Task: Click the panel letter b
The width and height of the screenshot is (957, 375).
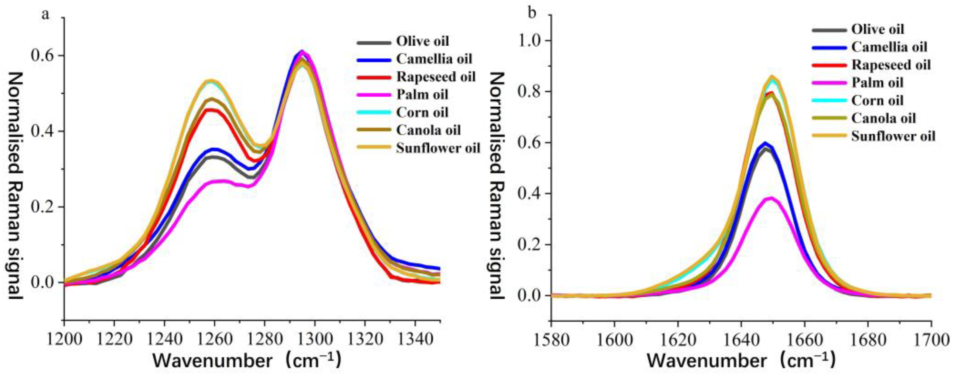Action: pyautogui.click(x=532, y=13)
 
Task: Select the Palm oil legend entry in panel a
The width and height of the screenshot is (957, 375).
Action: pyautogui.click(x=422, y=95)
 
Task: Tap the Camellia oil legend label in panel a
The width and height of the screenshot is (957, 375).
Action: pyautogui.click(x=434, y=59)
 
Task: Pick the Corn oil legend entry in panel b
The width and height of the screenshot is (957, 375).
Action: pyautogui.click(x=877, y=101)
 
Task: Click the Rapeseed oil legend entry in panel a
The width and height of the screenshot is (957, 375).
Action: pyautogui.click(x=436, y=77)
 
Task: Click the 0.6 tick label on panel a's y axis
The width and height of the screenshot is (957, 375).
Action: pyautogui.click(x=42, y=56)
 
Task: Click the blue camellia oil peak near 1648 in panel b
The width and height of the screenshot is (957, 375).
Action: pyautogui.click(x=765, y=143)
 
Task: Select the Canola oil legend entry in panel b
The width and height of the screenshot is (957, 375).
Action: pyautogui.click(x=884, y=118)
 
